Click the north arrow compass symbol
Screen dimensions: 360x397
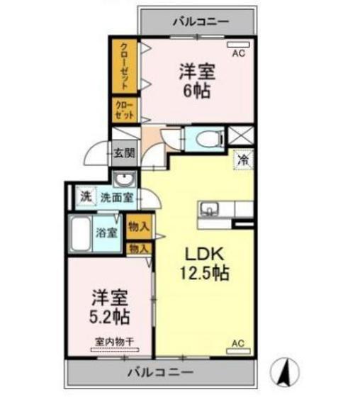coord(284,372)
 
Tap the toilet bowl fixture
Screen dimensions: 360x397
coord(210,138)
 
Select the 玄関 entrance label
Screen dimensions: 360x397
coord(124,153)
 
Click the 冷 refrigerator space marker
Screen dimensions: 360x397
coord(243,160)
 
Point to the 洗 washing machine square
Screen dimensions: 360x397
coord(86,196)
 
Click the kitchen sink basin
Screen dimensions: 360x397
coord(209,209)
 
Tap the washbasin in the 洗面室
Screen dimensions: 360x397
coord(124,179)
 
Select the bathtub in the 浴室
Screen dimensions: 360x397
coord(81,233)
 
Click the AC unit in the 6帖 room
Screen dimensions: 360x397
coord(239,45)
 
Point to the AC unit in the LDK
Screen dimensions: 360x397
coord(238,351)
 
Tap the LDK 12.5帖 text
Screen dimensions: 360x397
coord(205,263)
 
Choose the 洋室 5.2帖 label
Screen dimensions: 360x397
coord(110,306)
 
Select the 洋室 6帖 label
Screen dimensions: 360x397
coord(197,81)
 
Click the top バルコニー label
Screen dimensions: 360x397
coord(201,22)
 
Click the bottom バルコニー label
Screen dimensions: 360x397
coord(161,372)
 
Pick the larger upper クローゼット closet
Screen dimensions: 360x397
coord(125,66)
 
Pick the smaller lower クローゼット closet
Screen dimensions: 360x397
coord(125,110)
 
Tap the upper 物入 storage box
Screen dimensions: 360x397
coord(139,227)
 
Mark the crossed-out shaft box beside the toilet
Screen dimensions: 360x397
coord(241,135)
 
